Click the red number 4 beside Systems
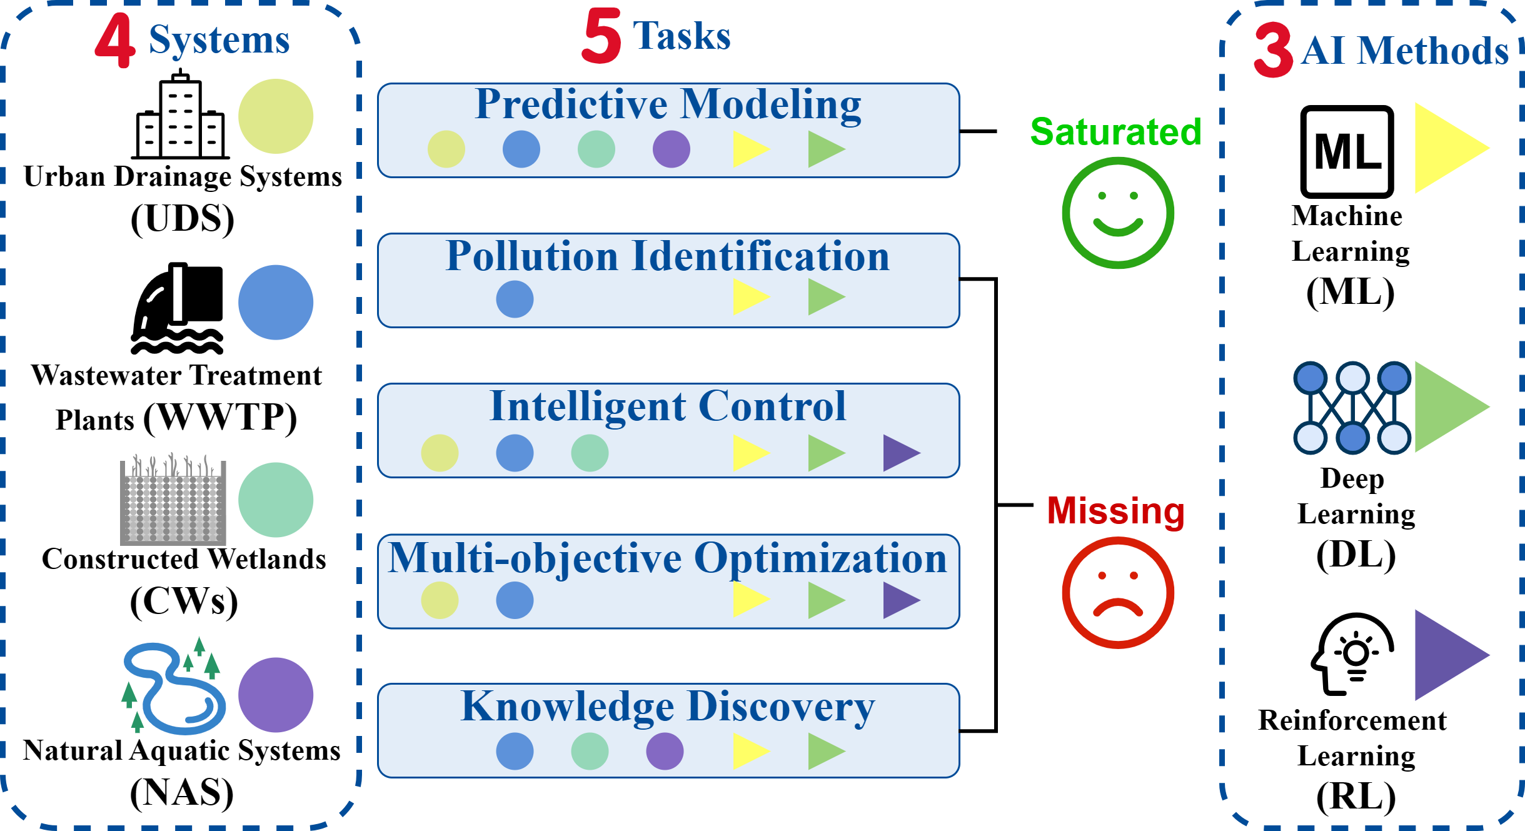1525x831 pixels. (x=116, y=41)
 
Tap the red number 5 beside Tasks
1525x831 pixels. (x=601, y=36)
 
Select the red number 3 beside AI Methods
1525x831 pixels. (x=1273, y=50)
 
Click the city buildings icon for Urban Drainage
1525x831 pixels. (x=181, y=116)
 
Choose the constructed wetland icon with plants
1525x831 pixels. (x=173, y=500)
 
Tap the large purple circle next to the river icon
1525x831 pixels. (x=276, y=695)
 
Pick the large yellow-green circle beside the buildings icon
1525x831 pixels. (x=276, y=116)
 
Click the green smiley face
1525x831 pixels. (x=1118, y=213)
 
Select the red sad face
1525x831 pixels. (x=1118, y=592)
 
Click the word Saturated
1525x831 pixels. (x=1116, y=132)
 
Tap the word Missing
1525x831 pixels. (x=1116, y=511)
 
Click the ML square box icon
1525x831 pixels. (x=1347, y=152)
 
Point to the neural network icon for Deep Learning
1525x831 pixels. (x=1352, y=407)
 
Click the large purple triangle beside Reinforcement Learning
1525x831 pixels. (x=1447, y=655)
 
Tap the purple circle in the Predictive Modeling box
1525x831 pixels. (x=672, y=149)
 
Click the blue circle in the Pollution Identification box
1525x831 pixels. (x=515, y=299)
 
